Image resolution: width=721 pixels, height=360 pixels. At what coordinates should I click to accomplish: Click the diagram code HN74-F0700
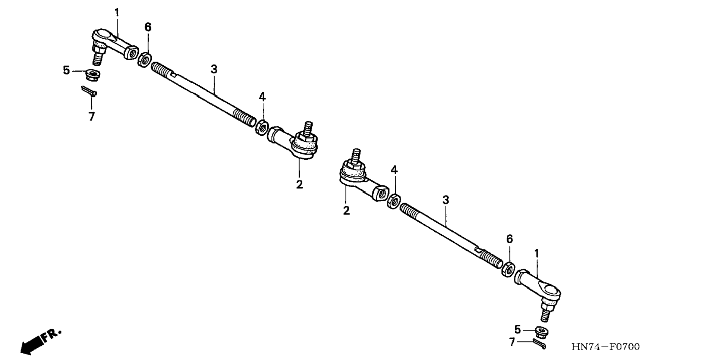(605, 347)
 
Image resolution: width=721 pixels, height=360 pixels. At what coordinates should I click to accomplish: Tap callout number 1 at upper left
(117, 13)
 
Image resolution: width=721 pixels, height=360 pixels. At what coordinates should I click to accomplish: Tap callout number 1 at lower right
(536, 254)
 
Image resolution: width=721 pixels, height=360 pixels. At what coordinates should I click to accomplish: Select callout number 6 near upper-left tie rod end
(148, 27)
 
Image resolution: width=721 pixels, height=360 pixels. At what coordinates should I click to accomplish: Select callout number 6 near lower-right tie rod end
(509, 239)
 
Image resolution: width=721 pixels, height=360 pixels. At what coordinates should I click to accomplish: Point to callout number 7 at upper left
(91, 116)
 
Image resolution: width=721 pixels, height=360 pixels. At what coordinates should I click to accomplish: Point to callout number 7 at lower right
(512, 341)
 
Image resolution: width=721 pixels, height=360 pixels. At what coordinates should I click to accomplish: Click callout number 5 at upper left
(66, 70)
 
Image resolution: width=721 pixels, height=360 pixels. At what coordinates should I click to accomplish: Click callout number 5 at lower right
(517, 329)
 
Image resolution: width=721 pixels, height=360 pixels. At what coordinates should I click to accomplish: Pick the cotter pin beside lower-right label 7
(539, 344)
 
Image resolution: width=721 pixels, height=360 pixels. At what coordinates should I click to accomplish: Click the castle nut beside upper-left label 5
(93, 74)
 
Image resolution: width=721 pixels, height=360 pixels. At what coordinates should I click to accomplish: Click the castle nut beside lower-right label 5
(541, 331)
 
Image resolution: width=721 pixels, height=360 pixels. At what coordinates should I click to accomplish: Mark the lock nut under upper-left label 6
(144, 60)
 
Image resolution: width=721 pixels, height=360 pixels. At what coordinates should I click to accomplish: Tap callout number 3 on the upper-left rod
(214, 69)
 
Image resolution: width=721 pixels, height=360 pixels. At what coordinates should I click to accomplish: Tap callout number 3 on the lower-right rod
(445, 200)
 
